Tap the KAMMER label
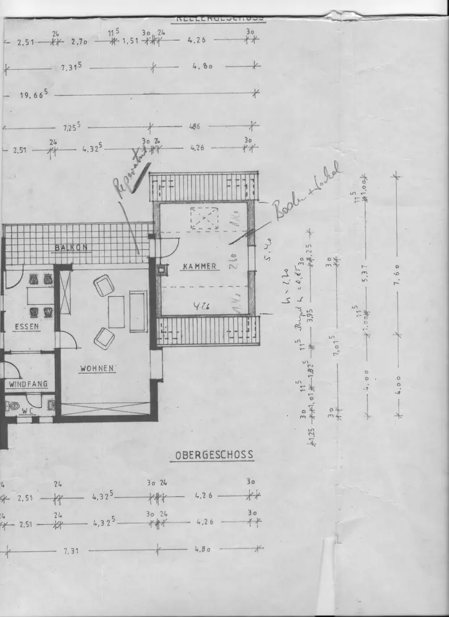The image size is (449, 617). pyautogui.click(x=199, y=267)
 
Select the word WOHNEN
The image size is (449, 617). pyautogui.click(x=97, y=369)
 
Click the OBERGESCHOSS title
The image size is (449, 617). pyautogui.click(x=214, y=455)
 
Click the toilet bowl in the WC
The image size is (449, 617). pyautogui.click(x=13, y=406)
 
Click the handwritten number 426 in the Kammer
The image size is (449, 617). pyautogui.click(x=198, y=304)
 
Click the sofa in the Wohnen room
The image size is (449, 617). pyautogui.click(x=138, y=311)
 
